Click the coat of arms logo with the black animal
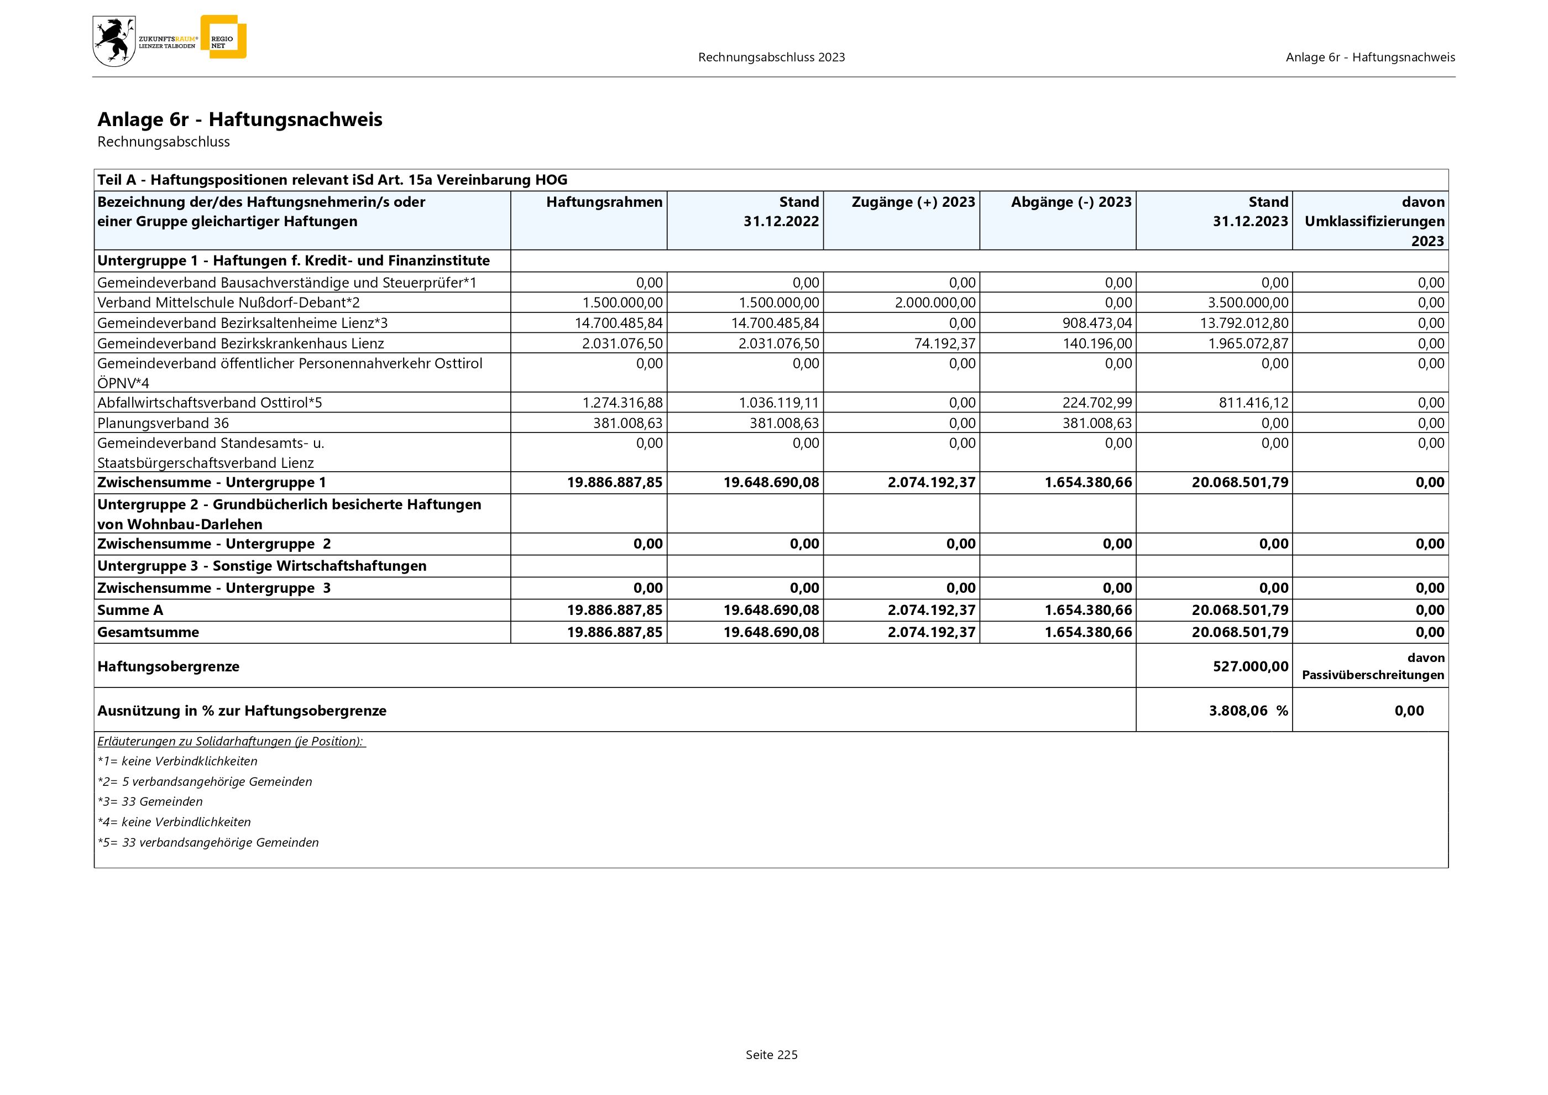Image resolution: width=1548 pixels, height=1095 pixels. point(114,41)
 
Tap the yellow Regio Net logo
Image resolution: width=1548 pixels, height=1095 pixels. point(224,38)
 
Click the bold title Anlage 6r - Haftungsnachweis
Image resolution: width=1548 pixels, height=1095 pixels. point(239,119)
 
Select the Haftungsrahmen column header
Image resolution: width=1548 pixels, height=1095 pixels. point(604,202)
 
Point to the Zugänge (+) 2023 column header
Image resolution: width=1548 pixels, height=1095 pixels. point(913,202)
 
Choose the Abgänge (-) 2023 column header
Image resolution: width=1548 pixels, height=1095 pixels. point(1071,202)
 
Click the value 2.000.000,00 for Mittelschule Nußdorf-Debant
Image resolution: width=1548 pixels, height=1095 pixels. point(934,303)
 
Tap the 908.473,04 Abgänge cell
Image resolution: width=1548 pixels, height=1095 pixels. point(1097,323)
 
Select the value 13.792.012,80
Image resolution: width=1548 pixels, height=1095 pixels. point(1243,323)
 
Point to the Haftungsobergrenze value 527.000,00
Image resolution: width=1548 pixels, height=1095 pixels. point(1250,666)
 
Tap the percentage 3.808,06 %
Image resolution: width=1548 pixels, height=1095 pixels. point(1248,711)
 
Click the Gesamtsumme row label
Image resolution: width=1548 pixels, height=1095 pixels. point(148,633)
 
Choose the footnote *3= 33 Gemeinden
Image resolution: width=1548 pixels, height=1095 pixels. point(150,802)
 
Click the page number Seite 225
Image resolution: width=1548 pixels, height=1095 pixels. point(771,1055)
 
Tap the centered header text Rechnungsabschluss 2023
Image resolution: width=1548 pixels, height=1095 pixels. point(771,58)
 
